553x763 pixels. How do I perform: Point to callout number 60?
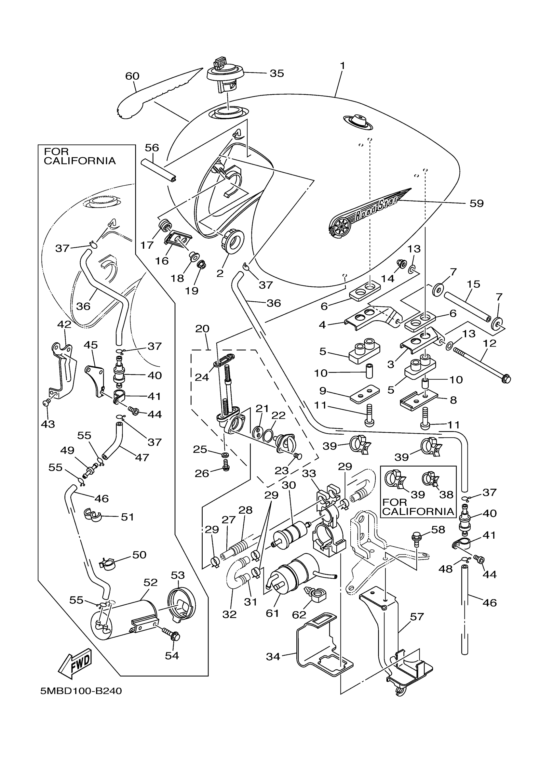pos(132,76)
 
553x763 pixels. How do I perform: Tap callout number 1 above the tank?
pos(342,66)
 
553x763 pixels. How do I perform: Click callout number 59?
pos(476,203)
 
